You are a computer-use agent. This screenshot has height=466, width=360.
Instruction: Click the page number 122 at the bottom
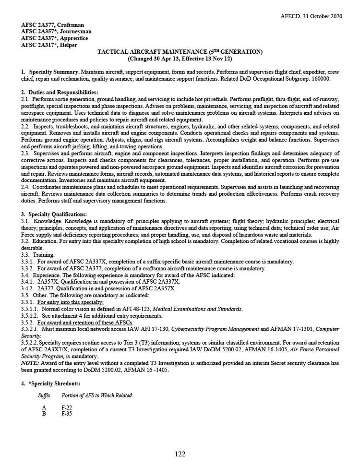(180, 454)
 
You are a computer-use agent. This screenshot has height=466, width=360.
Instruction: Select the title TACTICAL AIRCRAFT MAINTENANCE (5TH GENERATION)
(180, 51)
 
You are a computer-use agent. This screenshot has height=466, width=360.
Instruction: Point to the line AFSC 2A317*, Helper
(49, 45)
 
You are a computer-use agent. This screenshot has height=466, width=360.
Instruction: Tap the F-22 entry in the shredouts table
(67, 407)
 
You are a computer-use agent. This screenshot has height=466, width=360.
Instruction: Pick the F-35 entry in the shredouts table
(67, 413)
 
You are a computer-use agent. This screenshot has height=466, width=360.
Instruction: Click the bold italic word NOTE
(31, 363)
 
